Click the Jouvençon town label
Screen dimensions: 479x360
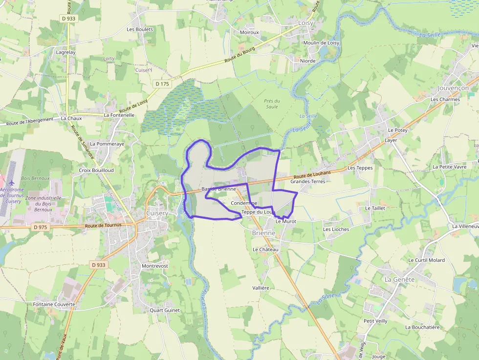click(x=453, y=88)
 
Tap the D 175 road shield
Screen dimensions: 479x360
click(x=162, y=84)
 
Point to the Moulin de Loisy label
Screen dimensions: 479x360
click(x=321, y=43)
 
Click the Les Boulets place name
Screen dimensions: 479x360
click(x=140, y=29)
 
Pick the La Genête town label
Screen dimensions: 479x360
click(x=399, y=279)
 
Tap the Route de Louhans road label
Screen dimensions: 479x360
click(x=312, y=174)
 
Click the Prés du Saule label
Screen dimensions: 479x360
click(x=272, y=104)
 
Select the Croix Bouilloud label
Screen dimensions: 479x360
click(x=96, y=170)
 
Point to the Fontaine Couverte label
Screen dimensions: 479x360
click(x=54, y=304)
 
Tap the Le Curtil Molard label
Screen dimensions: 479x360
click(x=426, y=260)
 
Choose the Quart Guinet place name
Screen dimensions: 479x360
click(x=165, y=310)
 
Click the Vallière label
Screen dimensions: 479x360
click(x=261, y=288)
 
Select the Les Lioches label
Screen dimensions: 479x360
click(x=336, y=229)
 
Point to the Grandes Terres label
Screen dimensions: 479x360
click(x=307, y=181)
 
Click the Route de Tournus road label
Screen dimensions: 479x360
click(x=103, y=225)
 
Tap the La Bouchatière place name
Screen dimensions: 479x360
click(x=422, y=327)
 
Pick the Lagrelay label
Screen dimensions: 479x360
click(x=65, y=52)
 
